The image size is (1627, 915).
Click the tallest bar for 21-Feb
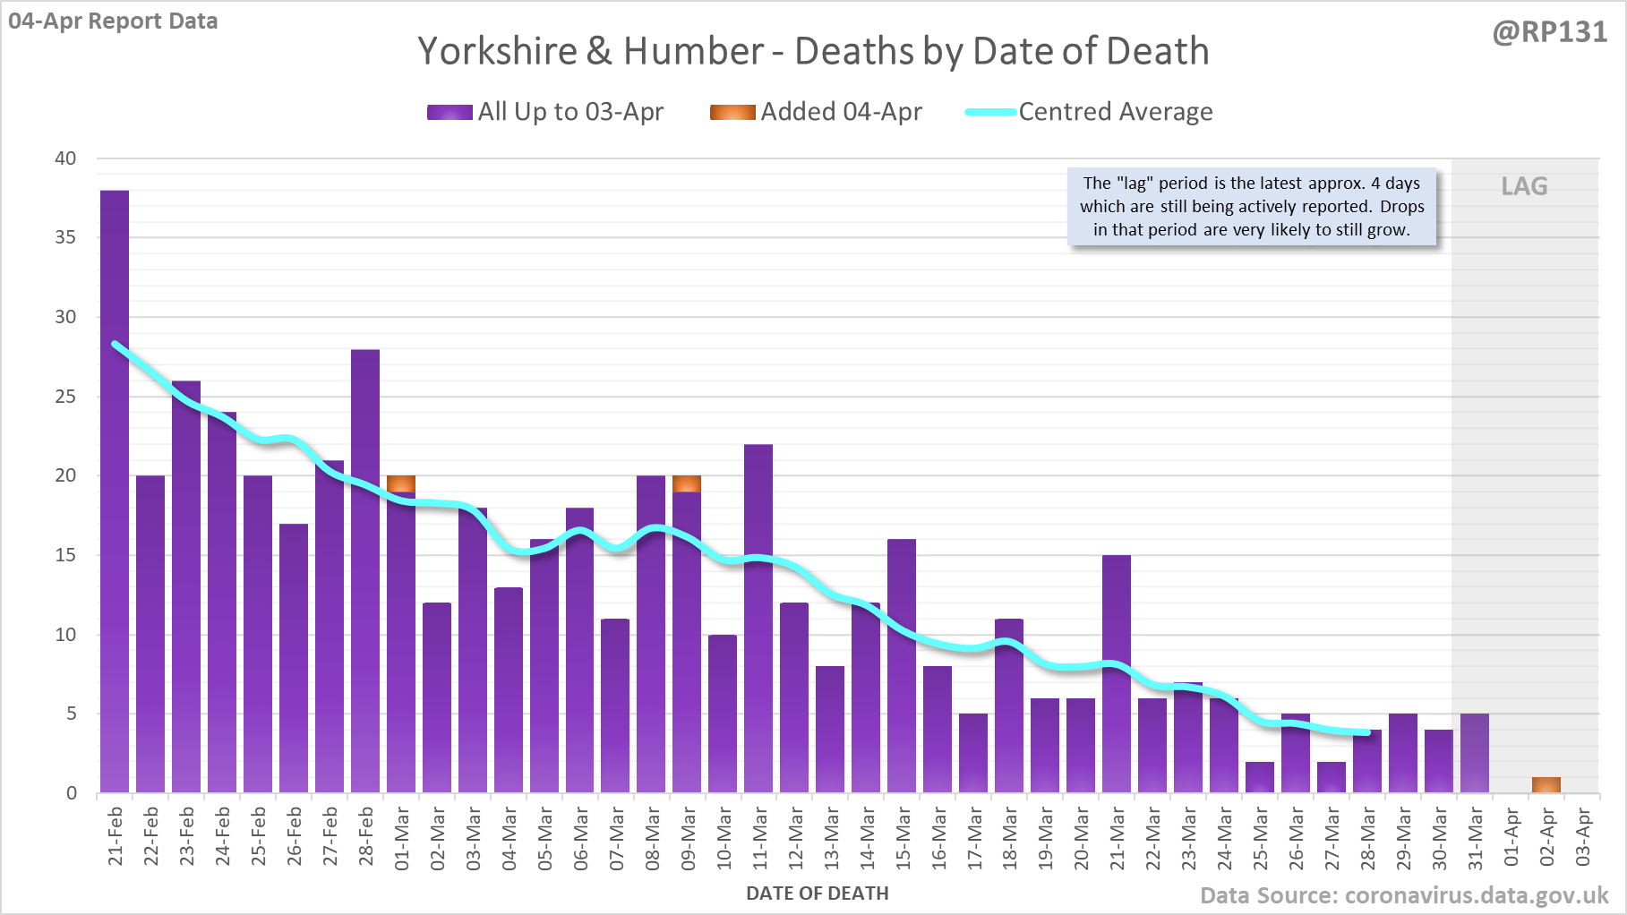pos(115,492)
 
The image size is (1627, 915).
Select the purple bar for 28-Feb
pos(365,573)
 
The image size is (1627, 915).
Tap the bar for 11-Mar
pos(758,618)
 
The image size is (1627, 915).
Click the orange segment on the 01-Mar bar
pos(401,483)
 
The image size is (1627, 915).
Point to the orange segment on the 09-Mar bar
pos(687,483)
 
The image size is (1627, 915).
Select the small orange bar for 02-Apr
pos(1546,785)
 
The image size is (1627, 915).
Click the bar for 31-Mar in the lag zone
pos(1475,753)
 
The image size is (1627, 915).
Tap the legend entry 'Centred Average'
pos(1115,112)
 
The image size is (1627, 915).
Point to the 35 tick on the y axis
pos(65,237)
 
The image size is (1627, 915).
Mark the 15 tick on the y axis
pos(65,555)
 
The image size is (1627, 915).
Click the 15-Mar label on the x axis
pos(903,838)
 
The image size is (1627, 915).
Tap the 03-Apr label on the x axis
pos(1583,838)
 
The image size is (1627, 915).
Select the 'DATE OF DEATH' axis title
pos(817,894)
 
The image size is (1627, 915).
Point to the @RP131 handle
pos(1549,32)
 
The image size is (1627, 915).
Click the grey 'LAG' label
pos(1524,186)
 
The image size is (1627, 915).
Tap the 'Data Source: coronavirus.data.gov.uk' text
pos(1404,896)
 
